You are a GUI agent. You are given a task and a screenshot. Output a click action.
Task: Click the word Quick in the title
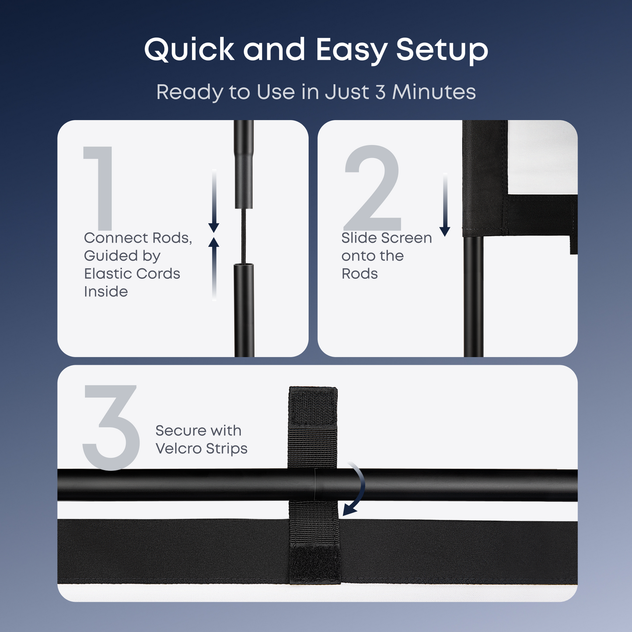tap(189, 49)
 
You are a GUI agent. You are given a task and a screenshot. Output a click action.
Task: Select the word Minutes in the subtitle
tap(433, 92)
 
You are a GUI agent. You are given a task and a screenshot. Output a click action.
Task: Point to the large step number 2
tap(373, 188)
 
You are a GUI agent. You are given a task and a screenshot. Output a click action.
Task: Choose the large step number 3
tap(111, 427)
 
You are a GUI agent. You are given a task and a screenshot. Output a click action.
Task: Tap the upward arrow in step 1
tap(213, 267)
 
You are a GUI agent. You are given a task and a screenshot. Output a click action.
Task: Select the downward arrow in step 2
tap(445, 206)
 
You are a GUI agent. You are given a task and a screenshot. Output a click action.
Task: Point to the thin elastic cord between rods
tap(244, 236)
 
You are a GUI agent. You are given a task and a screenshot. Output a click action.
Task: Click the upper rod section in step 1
tap(244, 166)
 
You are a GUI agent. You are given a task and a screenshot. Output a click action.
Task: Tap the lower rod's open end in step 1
tap(244, 265)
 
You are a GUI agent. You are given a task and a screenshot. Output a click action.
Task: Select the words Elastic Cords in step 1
tap(132, 274)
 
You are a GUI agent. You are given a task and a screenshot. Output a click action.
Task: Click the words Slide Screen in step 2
tap(387, 238)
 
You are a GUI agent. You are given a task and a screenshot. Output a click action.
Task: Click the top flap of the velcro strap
tap(313, 407)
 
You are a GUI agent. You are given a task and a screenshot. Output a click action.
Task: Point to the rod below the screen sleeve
tap(473, 297)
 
